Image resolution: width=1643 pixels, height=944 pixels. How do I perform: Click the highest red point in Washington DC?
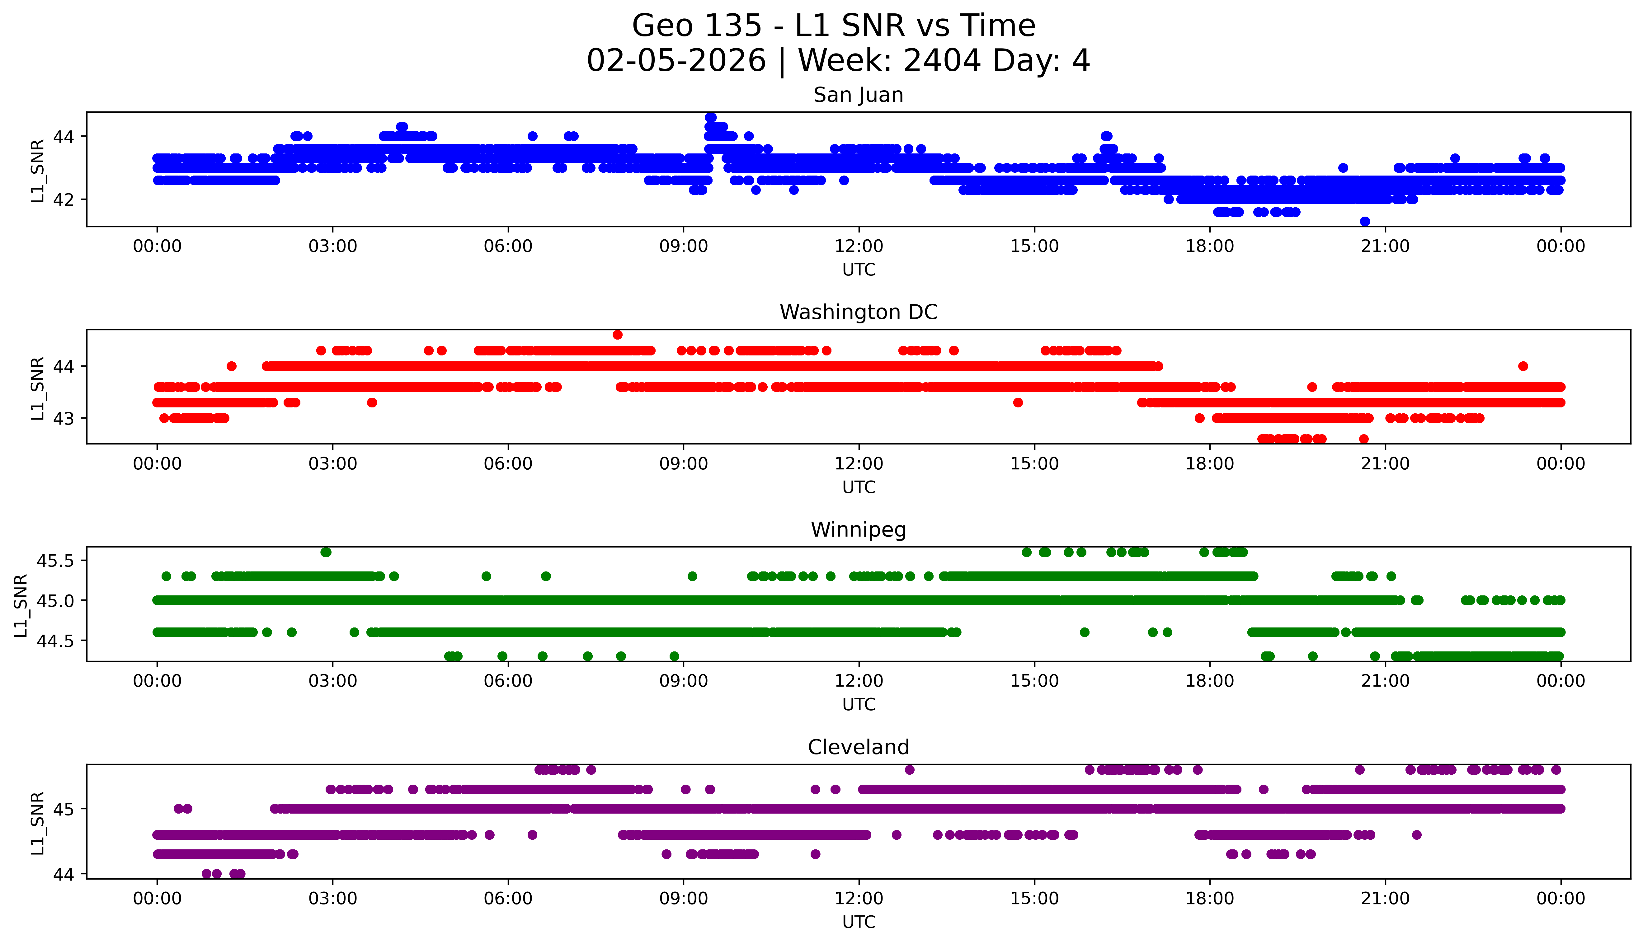[617, 335]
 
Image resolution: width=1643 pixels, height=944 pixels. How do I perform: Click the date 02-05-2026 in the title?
[676, 61]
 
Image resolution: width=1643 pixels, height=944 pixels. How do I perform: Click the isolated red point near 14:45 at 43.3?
[1018, 403]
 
